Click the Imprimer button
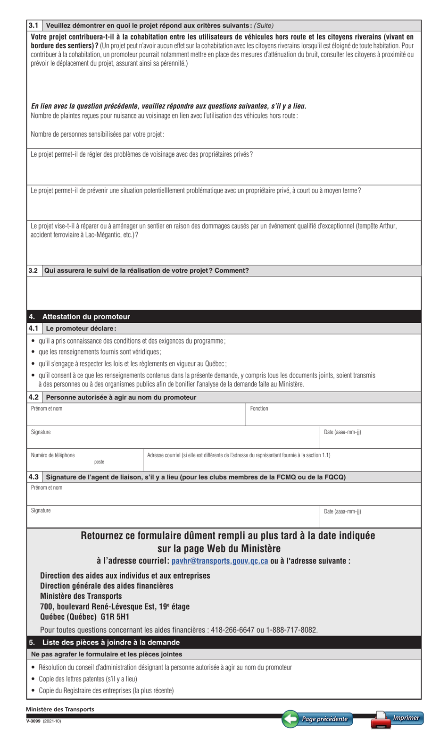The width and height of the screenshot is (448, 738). click(398, 719)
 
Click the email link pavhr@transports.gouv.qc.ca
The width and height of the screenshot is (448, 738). click(220, 561)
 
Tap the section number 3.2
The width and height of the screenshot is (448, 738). click(33, 271)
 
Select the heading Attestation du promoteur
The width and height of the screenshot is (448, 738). click(86, 317)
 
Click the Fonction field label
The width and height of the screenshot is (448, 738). click(259, 409)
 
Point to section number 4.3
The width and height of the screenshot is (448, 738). click(33, 477)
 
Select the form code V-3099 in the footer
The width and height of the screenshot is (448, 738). click(33, 721)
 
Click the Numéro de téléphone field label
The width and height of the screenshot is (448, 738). click(53, 455)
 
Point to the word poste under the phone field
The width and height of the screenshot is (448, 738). click(99, 462)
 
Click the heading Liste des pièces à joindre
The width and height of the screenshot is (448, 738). click(111, 642)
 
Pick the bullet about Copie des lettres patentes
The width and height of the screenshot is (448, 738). click(88, 679)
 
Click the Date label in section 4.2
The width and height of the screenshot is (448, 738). click(342, 432)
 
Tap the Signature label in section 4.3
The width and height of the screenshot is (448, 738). click(41, 511)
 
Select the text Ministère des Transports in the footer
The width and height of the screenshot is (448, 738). click(60, 709)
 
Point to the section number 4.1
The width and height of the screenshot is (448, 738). click(33, 328)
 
